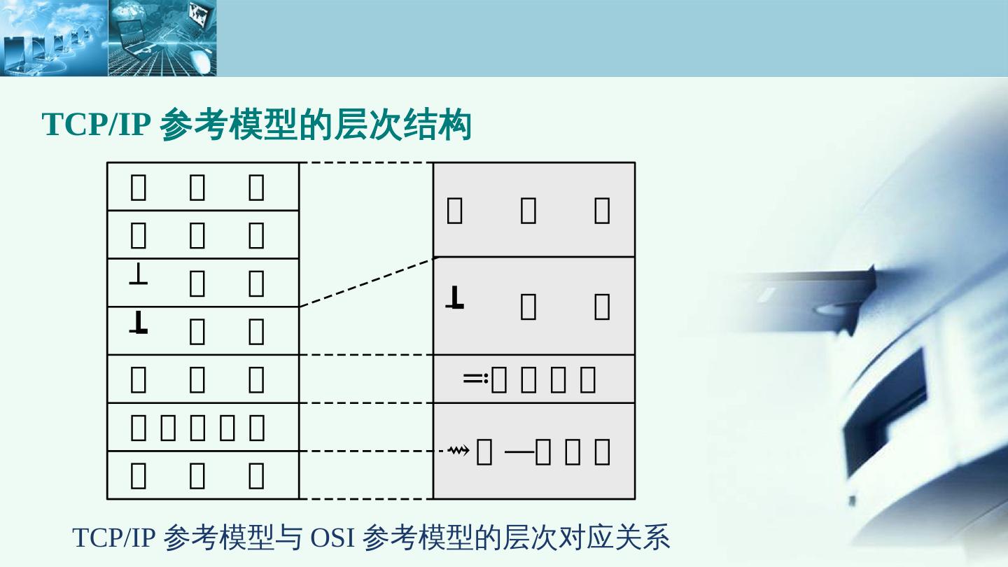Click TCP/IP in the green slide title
click(x=97, y=125)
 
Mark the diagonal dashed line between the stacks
click(x=366, y=282)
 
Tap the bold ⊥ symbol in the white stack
click(x=139, y=323)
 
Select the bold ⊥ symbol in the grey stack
click(x=455, y=298)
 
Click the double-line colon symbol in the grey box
click(x=475, y=379)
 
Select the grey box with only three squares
click(x=533, y=210)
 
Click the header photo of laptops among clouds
click(x=53, y=38)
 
